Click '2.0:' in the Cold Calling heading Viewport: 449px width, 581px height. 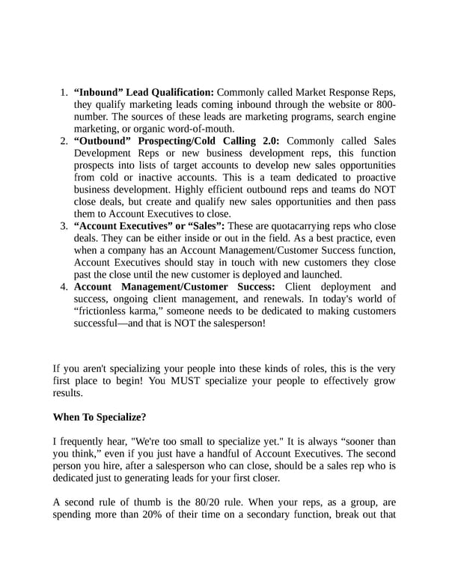coord(268,141)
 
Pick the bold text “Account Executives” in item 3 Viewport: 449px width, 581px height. coord(123,226)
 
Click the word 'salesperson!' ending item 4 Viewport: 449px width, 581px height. coord(236,324)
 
